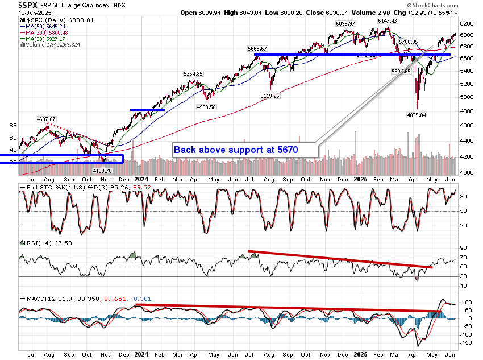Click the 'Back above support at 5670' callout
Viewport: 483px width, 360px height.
244,150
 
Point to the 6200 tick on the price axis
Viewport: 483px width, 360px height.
467,23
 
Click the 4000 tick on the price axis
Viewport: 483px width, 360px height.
467,172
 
